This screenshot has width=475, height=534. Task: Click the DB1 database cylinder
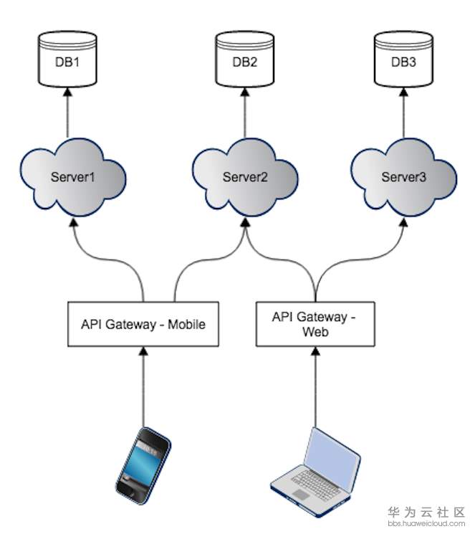[x=67, y=59]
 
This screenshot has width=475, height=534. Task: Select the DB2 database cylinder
[x=245, y=59]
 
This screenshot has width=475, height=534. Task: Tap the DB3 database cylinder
[x=403, y=59]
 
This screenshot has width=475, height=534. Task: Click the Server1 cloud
[x=73, y=177]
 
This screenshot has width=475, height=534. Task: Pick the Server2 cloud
[x=245, y=177]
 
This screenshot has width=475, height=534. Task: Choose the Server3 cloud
[x=404, y=177]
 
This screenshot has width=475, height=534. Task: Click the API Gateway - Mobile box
[x=143, y=324]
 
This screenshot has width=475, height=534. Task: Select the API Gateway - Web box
[x=315, y=324]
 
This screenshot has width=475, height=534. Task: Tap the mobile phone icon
[x=143, y=465]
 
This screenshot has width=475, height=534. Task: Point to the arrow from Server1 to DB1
[x=68, y=113]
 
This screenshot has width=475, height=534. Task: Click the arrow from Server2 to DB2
[x=245, y=113]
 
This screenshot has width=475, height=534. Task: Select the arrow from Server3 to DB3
[x=404, y=113]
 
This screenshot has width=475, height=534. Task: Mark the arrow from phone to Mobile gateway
[x=143, y=387]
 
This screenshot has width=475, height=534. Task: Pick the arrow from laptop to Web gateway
[x=316, y=387]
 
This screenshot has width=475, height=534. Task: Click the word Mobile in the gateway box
[x=186, y=324]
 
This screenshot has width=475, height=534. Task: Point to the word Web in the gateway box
[x=316, y=331]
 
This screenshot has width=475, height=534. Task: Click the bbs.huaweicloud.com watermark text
[x=426, y=523]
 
